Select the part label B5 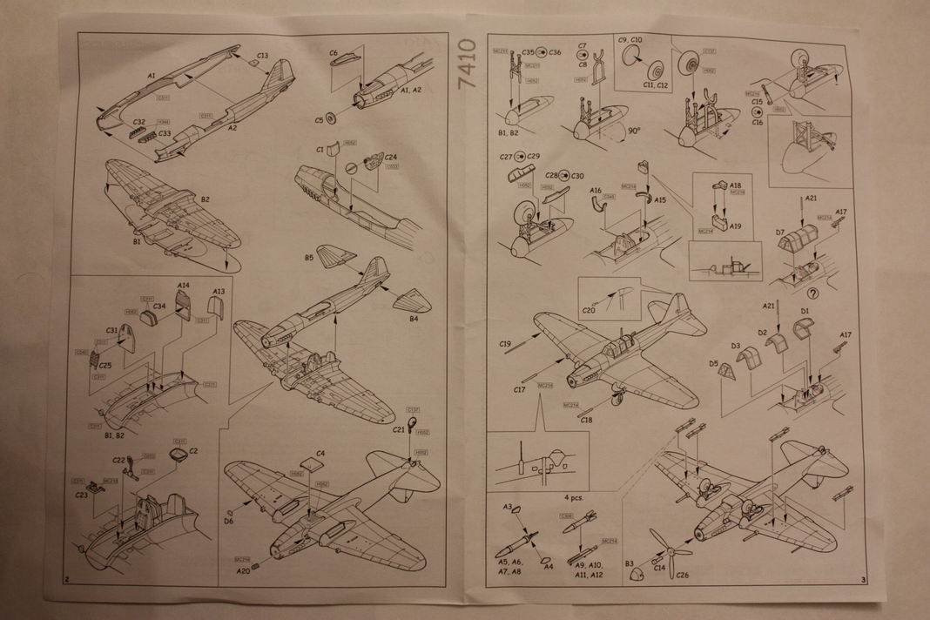click(309, 259)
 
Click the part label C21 click(398, 429)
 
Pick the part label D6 click(229, 521)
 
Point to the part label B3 click(629, 564)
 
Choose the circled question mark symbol click(813, 293)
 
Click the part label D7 click(782, 232)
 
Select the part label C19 click(506, 345)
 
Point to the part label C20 click(589, 310)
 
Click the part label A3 click(507, 506)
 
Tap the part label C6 click(333, 53)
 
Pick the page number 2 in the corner click(67, 579)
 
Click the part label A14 click(184, 286)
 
